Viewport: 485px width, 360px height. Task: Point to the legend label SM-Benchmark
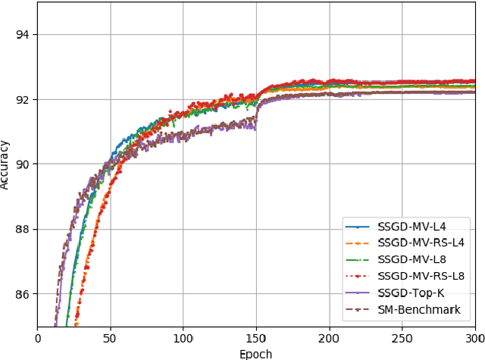point(419,309)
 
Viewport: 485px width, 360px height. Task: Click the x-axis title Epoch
point(255,354)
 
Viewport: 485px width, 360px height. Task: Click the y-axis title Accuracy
point(6,164)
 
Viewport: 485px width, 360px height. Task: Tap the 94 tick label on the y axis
point(23,35)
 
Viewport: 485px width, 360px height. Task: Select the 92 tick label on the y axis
point(23,99)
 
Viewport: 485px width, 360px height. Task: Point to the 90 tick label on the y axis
point(23,164)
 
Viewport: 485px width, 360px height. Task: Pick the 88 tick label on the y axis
point(23,229)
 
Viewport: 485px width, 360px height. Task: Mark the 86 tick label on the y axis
point(23,294)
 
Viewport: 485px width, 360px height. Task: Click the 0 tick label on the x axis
point(37,337)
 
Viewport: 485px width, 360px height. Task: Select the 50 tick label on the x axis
point(110,337)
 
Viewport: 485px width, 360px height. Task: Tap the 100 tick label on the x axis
point(183,337)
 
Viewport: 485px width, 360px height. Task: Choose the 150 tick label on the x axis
point(256,337)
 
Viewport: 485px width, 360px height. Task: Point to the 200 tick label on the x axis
point(329,337)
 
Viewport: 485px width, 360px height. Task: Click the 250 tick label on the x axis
point(402,337)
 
